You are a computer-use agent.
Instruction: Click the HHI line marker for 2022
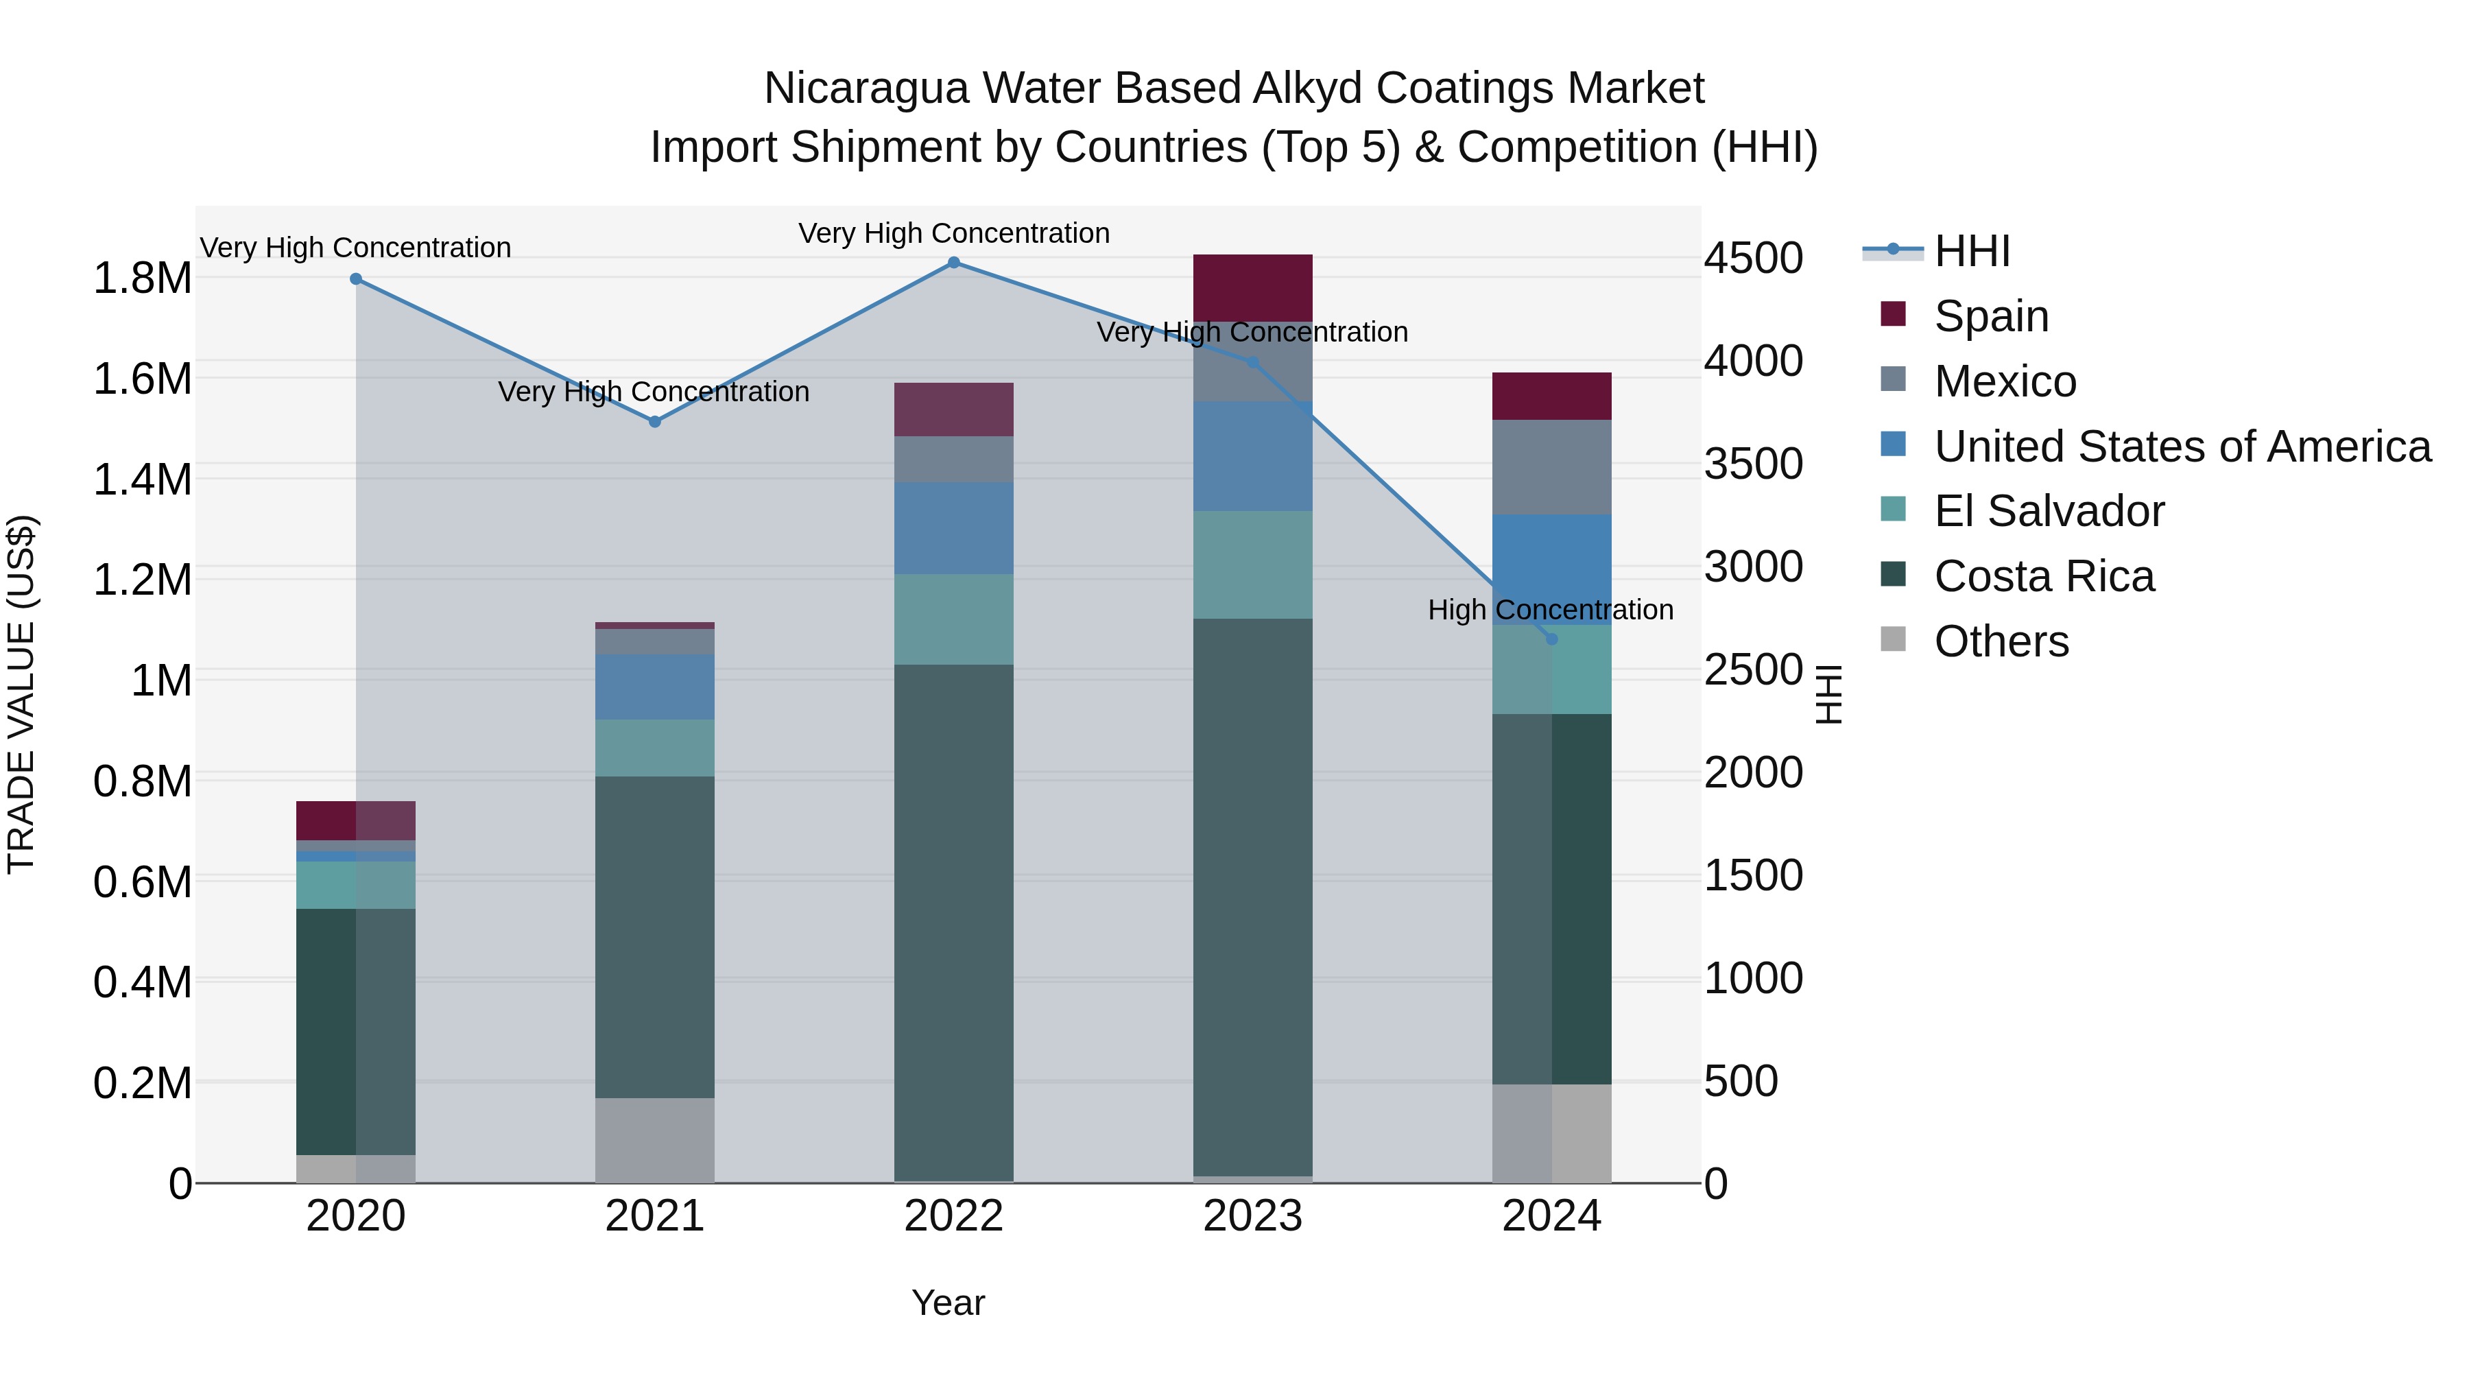954,263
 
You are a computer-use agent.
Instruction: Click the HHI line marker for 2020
355,279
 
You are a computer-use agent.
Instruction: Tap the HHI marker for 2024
1552,639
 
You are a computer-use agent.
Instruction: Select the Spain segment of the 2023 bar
1253,287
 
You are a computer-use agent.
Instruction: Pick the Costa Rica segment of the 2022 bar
954,922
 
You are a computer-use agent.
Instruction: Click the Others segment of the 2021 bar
655,1140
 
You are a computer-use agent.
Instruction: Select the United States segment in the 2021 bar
655,687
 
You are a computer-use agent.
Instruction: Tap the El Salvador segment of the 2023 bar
1253,565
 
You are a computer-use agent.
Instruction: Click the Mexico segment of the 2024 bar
1552,467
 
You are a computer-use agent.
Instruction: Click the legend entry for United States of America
2182,447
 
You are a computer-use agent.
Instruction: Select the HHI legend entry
1972,251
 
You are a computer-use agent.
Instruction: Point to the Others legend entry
2001,641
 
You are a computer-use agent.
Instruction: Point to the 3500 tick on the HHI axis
1753,464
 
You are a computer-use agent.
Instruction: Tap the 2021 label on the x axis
655,1216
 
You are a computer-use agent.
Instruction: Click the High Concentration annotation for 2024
1550,610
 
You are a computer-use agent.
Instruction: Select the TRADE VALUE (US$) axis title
21,694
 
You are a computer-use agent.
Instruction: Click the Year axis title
948,1303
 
